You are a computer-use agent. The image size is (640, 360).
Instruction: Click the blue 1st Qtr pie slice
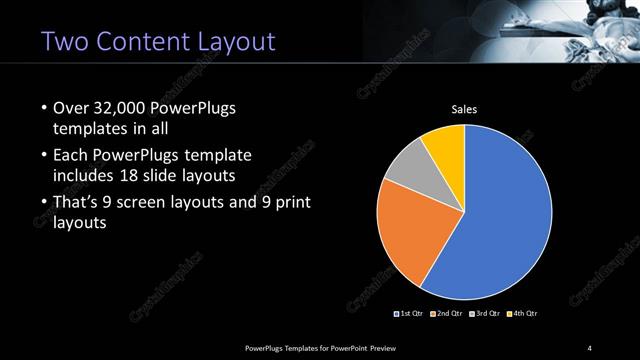click(x=500, y=220)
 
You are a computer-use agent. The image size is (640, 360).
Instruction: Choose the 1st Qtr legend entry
click(x=410, y=314)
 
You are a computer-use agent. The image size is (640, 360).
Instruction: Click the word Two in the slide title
click(x=65, y=41)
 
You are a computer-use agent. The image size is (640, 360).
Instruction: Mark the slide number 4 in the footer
click(x=590, y=347)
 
